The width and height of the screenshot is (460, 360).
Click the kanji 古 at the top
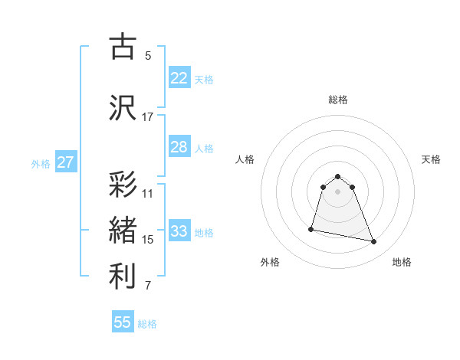(x=123, y=46)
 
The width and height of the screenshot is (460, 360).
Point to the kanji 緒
(x=123, y=231)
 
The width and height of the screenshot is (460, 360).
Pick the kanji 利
(x=123, y=277)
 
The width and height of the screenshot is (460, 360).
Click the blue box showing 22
(x=179, y=78)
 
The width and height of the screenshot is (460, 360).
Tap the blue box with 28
(x=179, y=147)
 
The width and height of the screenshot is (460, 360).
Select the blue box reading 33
(x=179, y=231)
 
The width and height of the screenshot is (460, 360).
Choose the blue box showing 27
(x=65, y=162)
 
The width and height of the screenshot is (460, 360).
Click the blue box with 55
(x=123, y=322)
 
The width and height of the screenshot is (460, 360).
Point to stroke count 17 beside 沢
(x=148, y=117)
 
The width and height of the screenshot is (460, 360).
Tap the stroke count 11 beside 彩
(x=148, y=194)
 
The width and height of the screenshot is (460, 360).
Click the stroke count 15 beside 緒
(x=148, y=240)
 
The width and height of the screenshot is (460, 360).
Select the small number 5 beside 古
(x=148, y=56)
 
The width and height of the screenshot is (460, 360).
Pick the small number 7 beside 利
(x=148, y=286)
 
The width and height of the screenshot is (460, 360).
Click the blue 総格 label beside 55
(x=147, y=324)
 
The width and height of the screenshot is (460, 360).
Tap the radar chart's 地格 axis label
(x=402, y=263)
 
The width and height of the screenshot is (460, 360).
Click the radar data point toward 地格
(x=373, y=242)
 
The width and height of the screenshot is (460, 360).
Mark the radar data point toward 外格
(x=311, y=228)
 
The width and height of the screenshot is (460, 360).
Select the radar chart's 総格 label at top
(x=338, y=100)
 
